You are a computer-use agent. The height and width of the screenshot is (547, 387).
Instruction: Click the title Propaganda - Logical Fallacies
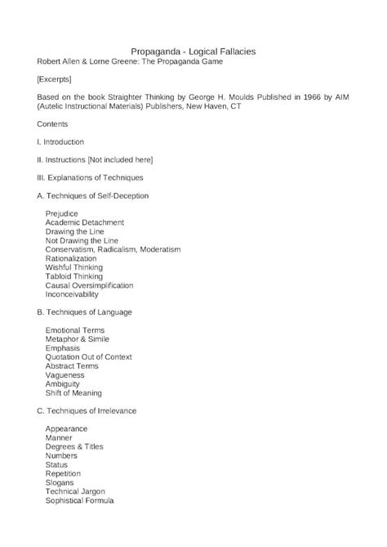tap(193, 51)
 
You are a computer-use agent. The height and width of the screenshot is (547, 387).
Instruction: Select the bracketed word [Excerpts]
tap(54, 79)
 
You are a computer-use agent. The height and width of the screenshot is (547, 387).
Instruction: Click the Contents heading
tap(53, 124)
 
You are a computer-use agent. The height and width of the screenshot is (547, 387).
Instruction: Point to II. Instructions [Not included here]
tap(95, 159)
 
